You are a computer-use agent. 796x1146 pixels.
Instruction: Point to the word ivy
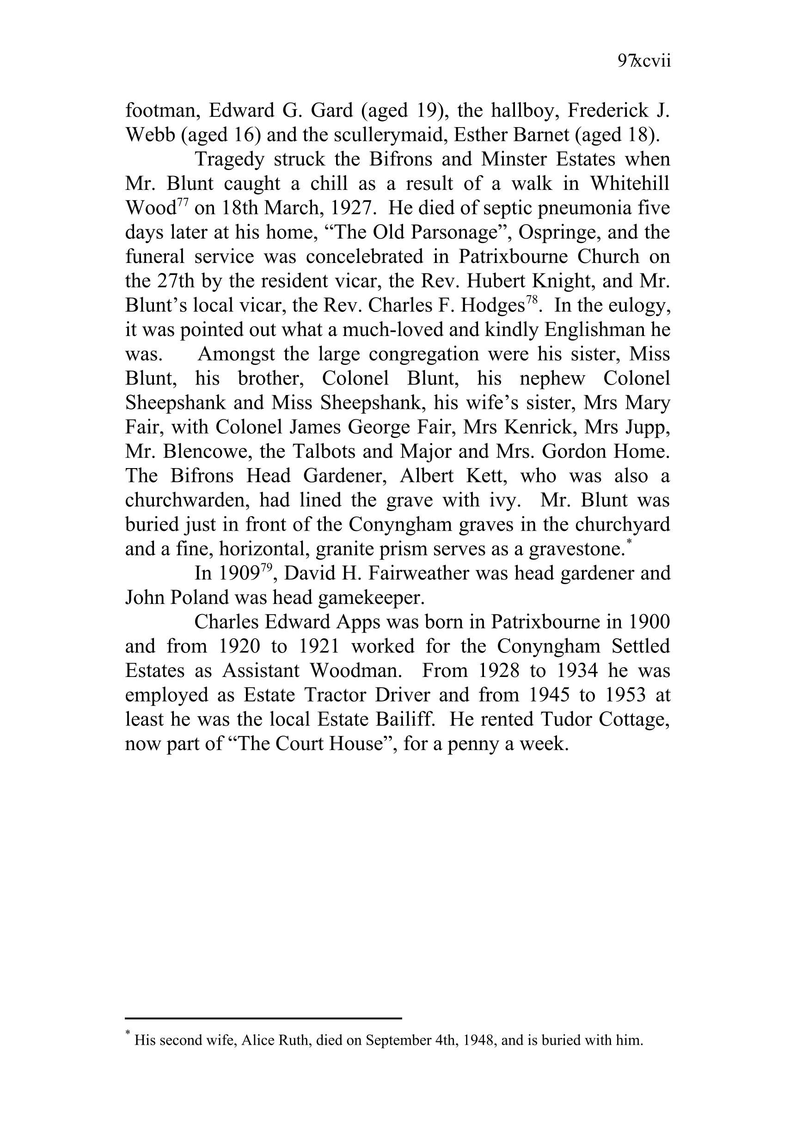pyautogui.click(x=503, y=500)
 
